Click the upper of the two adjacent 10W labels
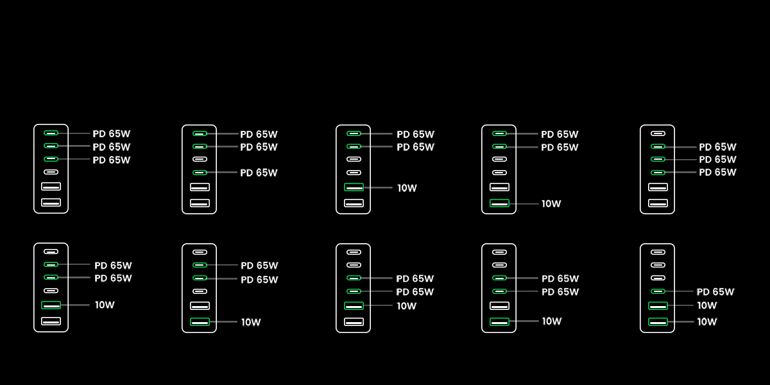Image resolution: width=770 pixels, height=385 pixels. (x=706, y=305)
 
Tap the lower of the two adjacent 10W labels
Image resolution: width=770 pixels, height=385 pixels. (x=706, y=321)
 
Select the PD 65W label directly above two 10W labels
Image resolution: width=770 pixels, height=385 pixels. (x=715, y=292)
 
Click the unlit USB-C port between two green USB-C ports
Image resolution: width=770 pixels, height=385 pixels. (x=200, y=159)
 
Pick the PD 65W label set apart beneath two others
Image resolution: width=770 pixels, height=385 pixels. (x=259, y=173)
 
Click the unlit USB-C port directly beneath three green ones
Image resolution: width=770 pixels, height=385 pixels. (x=51, y=172)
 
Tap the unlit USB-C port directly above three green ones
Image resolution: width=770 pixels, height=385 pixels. (x=658, y=133)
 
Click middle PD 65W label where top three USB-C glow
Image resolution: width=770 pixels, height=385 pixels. (x=111, y=147)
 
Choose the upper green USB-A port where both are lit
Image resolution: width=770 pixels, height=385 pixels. (x=658, y=305)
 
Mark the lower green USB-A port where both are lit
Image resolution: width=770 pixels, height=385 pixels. (x=658, y=321)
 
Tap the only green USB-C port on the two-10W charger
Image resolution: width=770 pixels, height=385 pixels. (x=658, y=291)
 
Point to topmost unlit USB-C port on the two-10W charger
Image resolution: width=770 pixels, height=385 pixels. (x=658, y=252)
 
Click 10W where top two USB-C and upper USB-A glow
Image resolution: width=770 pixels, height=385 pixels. (x=407, y=188)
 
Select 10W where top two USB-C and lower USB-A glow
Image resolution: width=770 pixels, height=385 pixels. (x=551, y=203)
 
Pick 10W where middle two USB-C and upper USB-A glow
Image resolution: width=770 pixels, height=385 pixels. (x=104, y=305)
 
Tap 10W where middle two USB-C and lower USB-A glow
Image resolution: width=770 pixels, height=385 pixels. (x=251, y=322)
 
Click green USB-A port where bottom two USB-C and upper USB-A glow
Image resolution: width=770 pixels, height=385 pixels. (x=354, y=305)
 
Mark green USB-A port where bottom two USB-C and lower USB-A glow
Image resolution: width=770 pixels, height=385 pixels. (x=499, y=321)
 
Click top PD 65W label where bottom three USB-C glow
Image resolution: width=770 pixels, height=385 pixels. (x=717, y=147)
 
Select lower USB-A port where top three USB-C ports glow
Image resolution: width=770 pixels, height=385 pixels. (x=51, y=203)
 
